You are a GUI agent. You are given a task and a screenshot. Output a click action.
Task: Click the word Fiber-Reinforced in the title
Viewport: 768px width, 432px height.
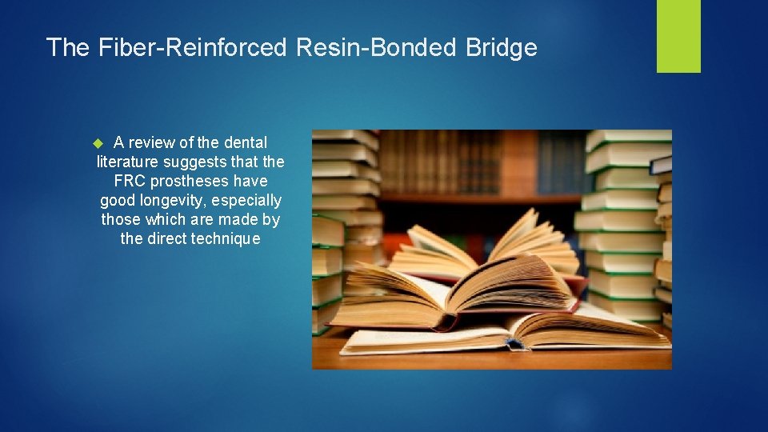click(192, 48)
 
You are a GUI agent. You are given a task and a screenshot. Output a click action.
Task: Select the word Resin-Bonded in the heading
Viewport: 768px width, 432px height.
click(375, 48)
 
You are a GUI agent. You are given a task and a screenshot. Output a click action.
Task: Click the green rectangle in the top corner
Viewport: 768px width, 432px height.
click(678, 36)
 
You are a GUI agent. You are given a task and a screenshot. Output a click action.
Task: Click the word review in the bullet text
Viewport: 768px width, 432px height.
click(151, 142)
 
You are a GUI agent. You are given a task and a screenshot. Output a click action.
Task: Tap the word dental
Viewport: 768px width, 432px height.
click(245, 142)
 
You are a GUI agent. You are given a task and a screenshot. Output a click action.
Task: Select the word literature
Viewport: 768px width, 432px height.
click(126, 162)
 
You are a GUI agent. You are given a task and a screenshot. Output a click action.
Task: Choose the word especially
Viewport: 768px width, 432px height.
click(246, 200)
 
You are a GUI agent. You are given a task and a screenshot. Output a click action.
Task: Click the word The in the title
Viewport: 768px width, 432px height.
click(68, 48)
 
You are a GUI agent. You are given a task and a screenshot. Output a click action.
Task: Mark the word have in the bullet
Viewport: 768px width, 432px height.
click(250, 181)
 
